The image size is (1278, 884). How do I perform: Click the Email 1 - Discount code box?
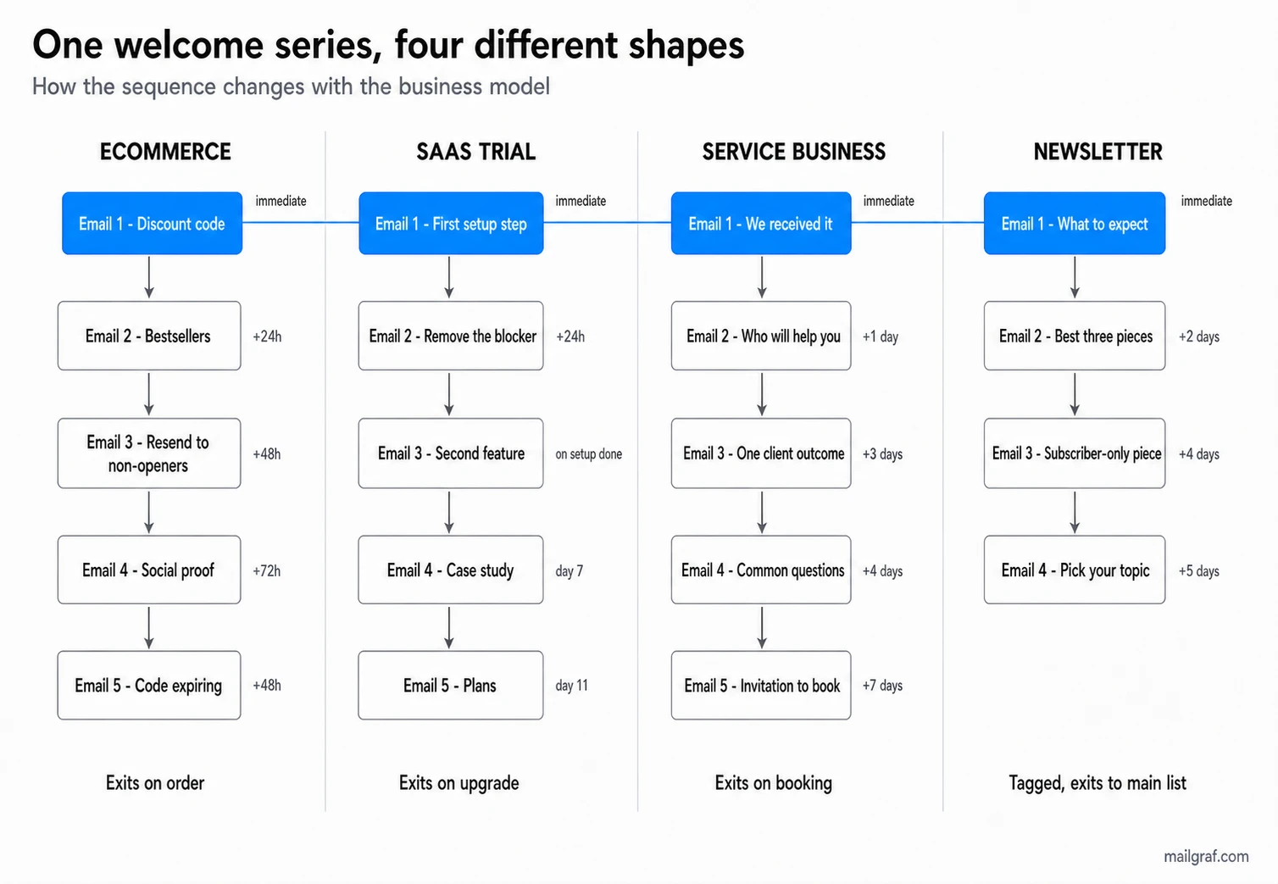(x=152, y=223)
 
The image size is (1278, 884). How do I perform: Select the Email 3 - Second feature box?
(x=451, y=453)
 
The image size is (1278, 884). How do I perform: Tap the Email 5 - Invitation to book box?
(x=761, y=685)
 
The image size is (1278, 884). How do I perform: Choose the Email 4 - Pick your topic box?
(x=1075, y=570)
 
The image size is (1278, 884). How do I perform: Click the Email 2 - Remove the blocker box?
(x=451, y=336)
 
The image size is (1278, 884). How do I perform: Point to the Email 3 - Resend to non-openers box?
(x=149, y=453)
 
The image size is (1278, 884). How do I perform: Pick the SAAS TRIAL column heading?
(x=475, y=152)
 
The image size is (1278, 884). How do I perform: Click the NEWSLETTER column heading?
(x=1097, y=152)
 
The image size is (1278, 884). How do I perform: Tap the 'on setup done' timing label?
(x=589, y=454)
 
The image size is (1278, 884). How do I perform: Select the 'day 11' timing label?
(x=572, y=686)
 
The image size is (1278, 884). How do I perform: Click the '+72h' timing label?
(x=266, y=570)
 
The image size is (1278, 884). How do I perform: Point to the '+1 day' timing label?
(x=881, y=336)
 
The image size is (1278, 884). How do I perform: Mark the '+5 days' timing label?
(x=1198, y=570)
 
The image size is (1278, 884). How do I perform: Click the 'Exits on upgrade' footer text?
(x=458, y=783)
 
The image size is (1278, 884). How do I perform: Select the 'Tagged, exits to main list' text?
(x=1097, y=783)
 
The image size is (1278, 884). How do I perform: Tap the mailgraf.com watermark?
(x=1206, y=856)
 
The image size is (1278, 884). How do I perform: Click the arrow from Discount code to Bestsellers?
(x=149, y=277)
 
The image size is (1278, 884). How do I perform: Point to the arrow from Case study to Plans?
(x=449, y=627)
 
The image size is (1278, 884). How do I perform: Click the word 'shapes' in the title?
(x=686, y=45)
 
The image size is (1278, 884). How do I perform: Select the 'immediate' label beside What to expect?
(x=1206, y=201)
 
